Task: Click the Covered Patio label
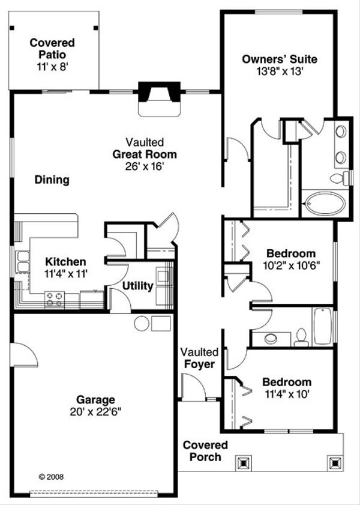pos(52,43)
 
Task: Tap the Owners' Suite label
pos(279,59)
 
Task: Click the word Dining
pos(52,180)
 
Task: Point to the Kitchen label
pos(66,262)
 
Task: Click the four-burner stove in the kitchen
pos(55,298)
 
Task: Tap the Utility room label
pos(138,286)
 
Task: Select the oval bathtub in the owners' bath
pos(324,203)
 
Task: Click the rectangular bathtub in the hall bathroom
pos(322,326)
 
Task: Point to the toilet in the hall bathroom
pos(301,337)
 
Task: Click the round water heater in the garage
pos(142,324)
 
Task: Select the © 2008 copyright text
pos(51,477)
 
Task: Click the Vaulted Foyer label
pos(199,358)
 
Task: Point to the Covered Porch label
pos(205,451)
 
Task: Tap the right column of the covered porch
pos(334,463)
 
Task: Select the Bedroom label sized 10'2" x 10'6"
pos(291,253)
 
